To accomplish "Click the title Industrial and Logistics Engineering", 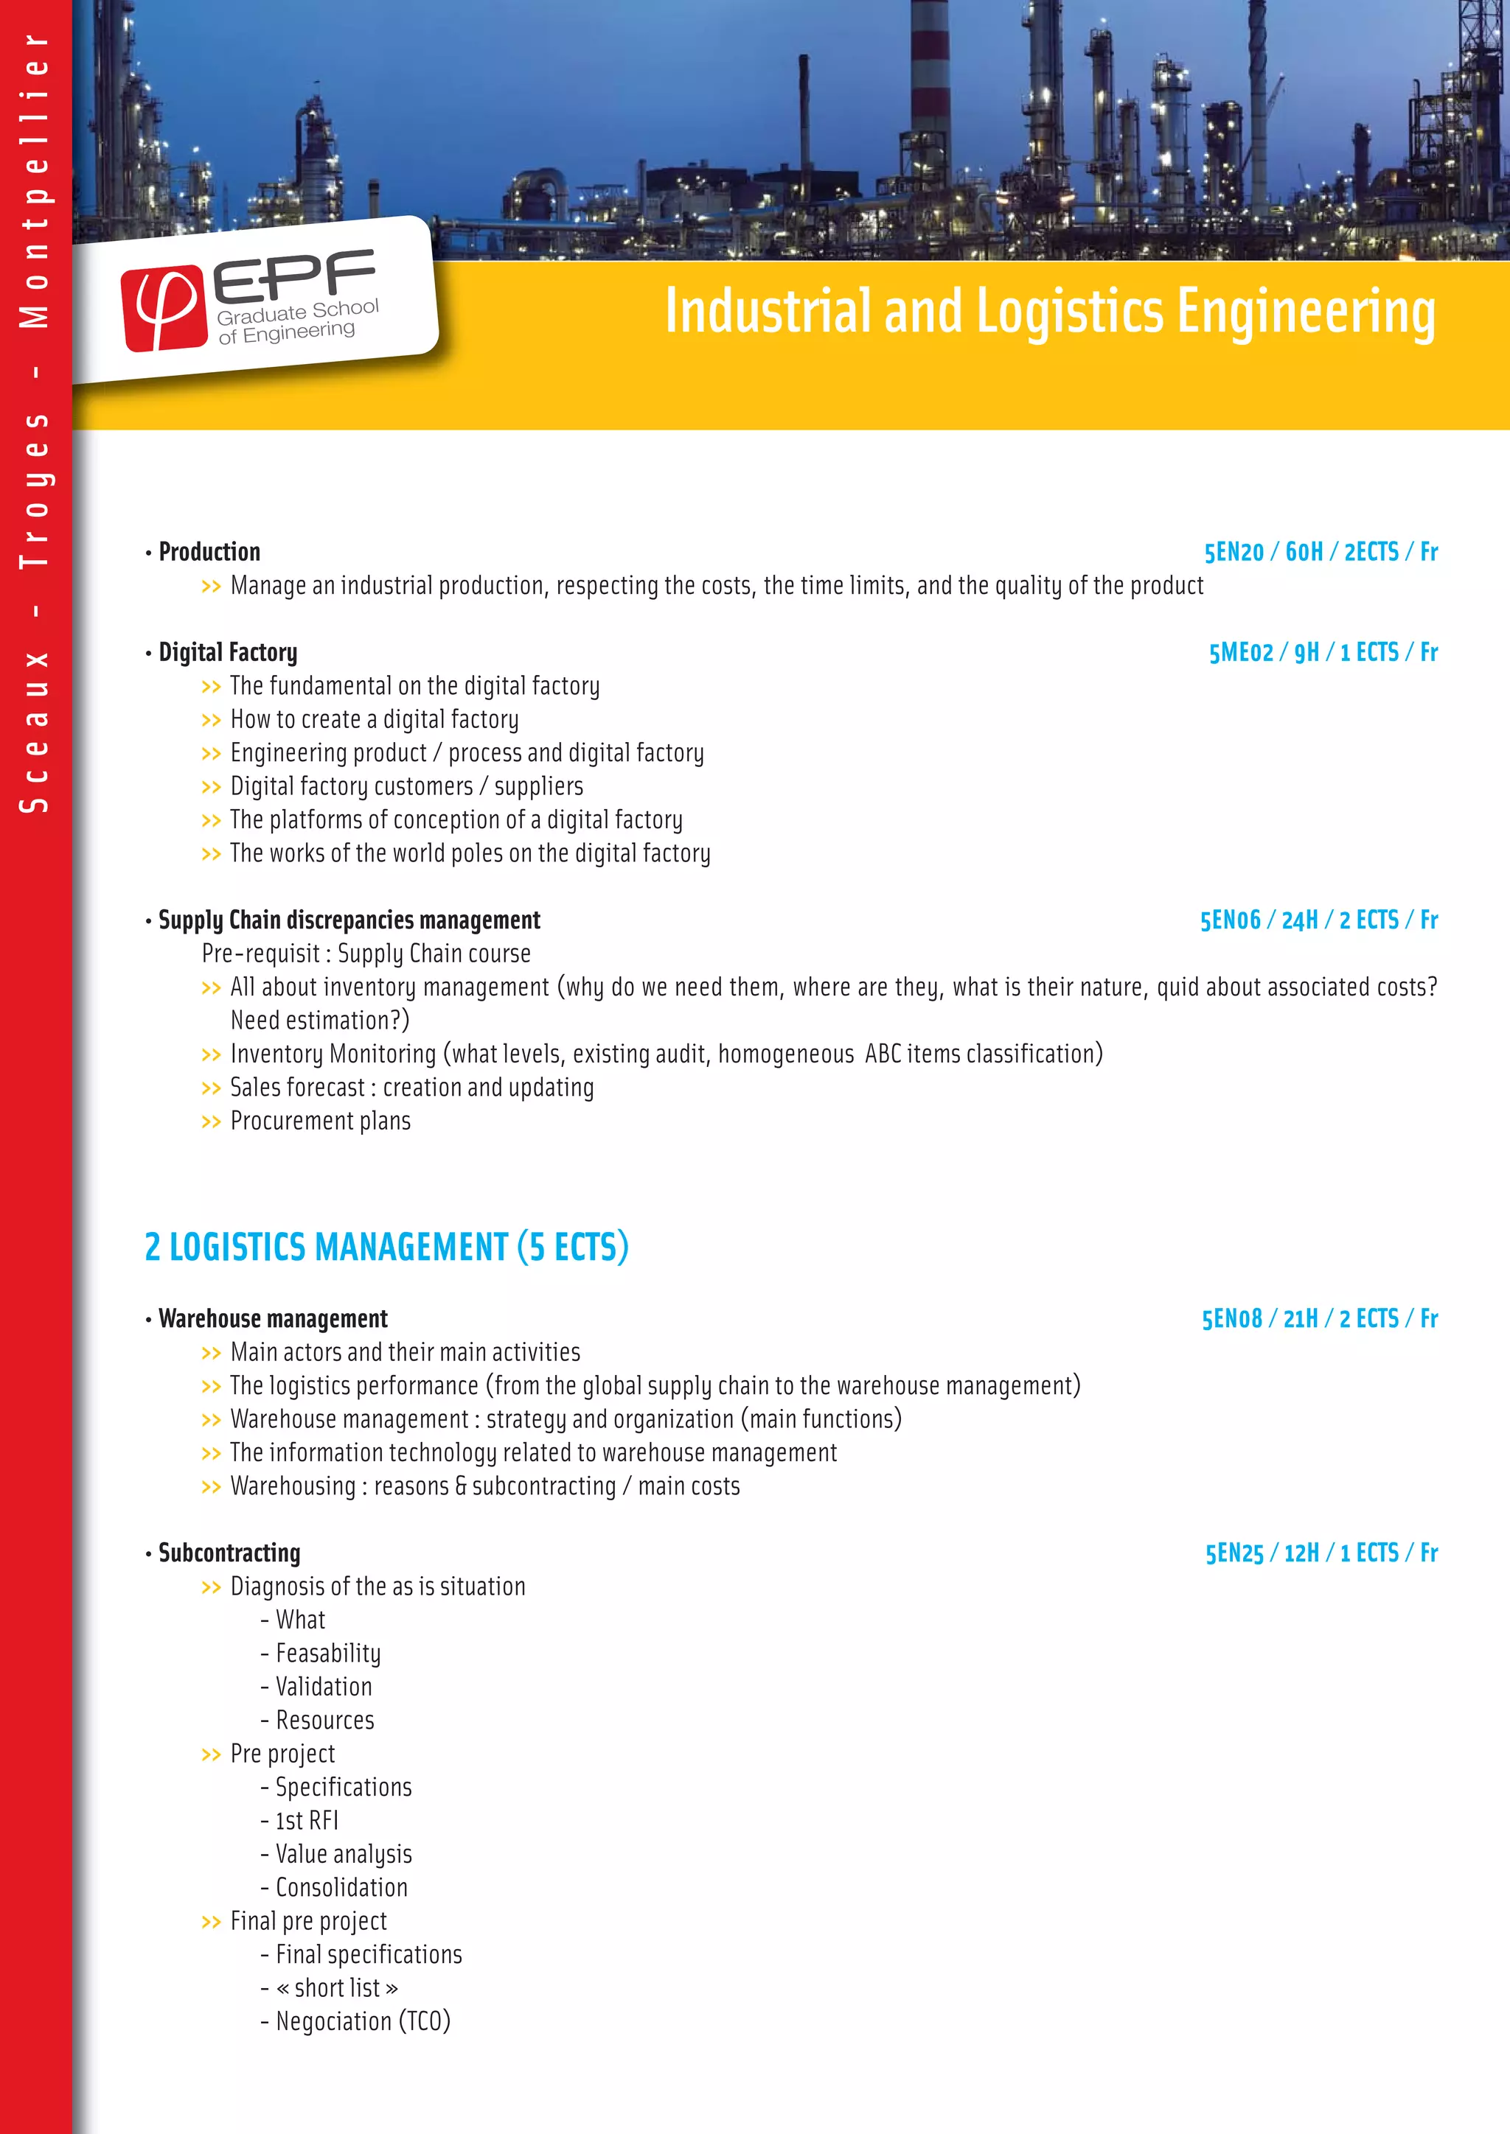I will click(1050, 312).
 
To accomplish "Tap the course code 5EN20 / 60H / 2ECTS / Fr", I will click(1321, 552).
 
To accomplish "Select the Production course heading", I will click(209, 552).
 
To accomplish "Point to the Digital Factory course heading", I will click(228, 652).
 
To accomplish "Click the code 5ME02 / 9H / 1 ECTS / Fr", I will click(1322, 652).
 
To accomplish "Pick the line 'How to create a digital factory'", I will click(374, 719).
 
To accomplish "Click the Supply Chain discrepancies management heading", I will click(349, 920).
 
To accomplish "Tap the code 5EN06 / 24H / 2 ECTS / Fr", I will click(1318, 920).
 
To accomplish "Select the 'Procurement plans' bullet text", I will click(320, 1121).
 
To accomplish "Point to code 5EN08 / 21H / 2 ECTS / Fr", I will click(1319, 1319).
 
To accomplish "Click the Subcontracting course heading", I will click(229, 1553).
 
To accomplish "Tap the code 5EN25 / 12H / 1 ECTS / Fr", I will click(1321, 1553).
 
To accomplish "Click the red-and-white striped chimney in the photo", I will click(929, 84).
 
